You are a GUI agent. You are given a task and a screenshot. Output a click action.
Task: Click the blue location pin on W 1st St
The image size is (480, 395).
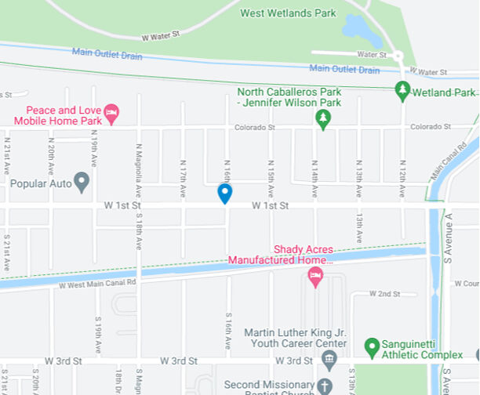[x=224, y=193]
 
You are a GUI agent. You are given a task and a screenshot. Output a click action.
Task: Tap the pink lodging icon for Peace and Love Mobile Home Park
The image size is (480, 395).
[x=111, y=114]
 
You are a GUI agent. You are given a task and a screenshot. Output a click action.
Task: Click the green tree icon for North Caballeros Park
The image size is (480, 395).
[x=322, y=118]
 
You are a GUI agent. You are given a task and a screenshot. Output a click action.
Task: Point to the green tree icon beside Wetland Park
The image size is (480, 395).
[x=402, y=91]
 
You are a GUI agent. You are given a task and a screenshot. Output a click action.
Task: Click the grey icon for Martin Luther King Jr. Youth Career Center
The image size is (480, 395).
[x=329, y=360]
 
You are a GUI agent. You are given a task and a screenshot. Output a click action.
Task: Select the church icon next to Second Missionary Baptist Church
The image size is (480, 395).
[x=327, y=386]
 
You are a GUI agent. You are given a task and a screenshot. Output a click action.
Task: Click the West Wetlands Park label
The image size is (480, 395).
[x=288, y=13]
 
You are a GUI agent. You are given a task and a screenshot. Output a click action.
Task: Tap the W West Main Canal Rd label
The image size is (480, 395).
[x=98, y=284]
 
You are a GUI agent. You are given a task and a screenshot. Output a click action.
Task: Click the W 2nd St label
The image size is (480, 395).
[x=385, y=294]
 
